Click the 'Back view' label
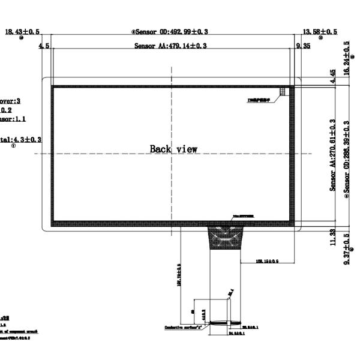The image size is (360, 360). tap(173, 149)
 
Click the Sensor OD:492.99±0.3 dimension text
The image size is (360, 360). tap(173, 31)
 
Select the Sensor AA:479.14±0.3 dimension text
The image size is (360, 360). tap(171, 46)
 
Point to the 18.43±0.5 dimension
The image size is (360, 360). tap(22, 31)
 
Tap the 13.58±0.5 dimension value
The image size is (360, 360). tap(320, 31)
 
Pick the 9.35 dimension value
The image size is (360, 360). tap(302, 46)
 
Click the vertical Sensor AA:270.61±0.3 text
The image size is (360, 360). tap(333, 155)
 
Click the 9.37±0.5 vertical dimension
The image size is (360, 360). tap(346, 251)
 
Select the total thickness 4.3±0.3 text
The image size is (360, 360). tap(21, 139)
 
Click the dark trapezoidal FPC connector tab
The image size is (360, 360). tap(226, 238)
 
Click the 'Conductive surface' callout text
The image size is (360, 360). tap(182, 328)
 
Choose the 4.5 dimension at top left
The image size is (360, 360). tap(43, 46)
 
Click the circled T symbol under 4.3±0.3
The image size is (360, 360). tap(13, 146)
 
